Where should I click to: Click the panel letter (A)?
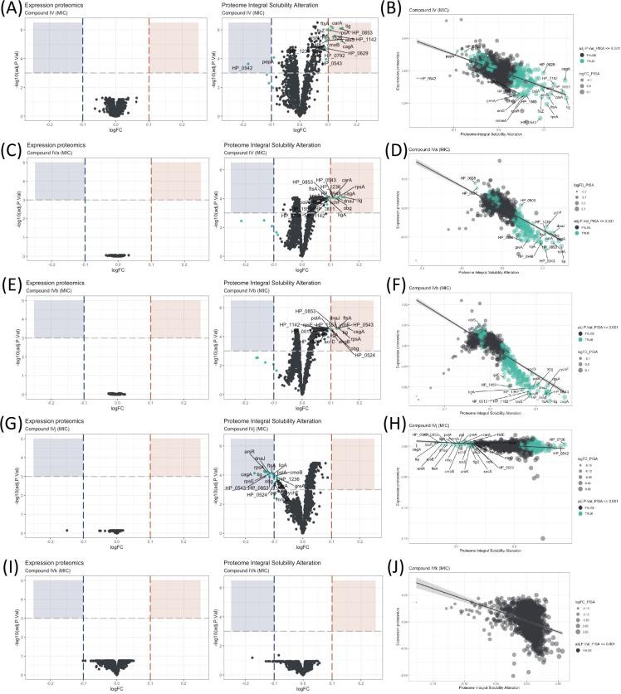[12, 8]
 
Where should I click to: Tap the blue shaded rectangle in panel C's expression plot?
[58, 180]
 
